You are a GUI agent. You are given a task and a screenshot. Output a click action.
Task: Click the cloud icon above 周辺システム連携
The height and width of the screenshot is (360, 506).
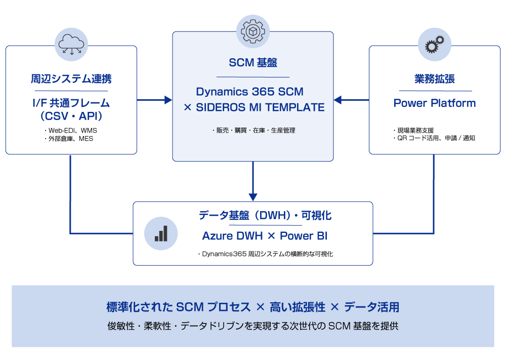(71, 44)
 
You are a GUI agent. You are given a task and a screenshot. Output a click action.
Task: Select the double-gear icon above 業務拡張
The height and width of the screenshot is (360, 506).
(435, 44)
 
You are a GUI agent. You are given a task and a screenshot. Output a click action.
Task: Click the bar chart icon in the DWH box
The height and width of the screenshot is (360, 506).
(161, 233)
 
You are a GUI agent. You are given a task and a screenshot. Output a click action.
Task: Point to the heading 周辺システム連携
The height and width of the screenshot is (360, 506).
(71, 79)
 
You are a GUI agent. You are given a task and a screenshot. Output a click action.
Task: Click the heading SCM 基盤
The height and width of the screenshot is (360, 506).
(252, 63)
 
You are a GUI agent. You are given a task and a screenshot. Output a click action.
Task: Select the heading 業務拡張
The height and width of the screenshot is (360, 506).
(434, 79)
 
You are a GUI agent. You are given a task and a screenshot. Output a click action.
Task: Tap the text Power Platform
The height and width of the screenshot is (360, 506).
(434, 103)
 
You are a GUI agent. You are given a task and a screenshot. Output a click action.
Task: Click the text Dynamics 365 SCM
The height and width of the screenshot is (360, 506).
(249, 92)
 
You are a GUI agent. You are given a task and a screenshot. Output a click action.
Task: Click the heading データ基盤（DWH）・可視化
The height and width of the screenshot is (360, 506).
(265, 216)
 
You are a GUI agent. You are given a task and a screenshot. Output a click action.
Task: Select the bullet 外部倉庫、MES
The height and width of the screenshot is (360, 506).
(70, 138)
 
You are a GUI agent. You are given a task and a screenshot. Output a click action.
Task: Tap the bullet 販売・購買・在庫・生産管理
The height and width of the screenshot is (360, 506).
(253, 131)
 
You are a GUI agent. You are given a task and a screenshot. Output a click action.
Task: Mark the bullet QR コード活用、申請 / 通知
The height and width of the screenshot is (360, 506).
(434, 138)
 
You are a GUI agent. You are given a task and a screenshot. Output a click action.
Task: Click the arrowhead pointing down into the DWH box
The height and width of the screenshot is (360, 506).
(253, 196)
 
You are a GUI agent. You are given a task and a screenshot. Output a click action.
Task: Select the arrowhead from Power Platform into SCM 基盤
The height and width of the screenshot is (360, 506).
(338, 100)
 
